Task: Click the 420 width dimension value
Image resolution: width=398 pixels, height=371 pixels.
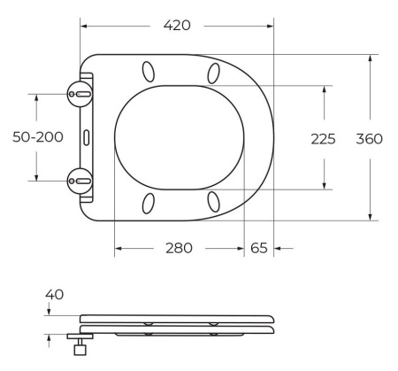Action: (x=177, y=26)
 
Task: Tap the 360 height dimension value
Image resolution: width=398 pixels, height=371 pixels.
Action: (x=369, y=139)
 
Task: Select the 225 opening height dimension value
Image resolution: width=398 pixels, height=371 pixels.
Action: (x=323, y=139)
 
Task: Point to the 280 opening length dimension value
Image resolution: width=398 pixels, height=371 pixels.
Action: (x=179, y=248)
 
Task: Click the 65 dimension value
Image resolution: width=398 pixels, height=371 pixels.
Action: (x=259, y=248)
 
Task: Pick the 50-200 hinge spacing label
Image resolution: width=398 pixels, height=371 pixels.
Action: (x=38, y=137)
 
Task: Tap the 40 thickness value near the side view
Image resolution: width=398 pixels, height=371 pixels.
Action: (x=54, y=295)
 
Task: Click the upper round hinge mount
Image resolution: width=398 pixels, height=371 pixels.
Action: (x=80, y=94)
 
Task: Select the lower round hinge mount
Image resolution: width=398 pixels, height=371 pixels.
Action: (x=80, y=181)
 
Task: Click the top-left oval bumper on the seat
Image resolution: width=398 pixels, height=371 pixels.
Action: (x=149, y=72)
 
